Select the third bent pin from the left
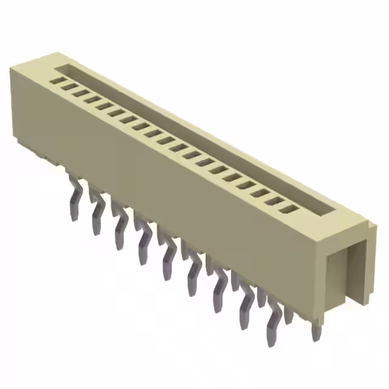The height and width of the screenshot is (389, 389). (x=120, y=230)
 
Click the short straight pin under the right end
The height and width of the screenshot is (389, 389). (x=315, y=331)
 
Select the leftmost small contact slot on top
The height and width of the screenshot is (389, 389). (x=59, y=80)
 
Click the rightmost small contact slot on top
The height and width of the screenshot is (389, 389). (x=291, y=210)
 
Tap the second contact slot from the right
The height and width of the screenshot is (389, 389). (x=277, y=201)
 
